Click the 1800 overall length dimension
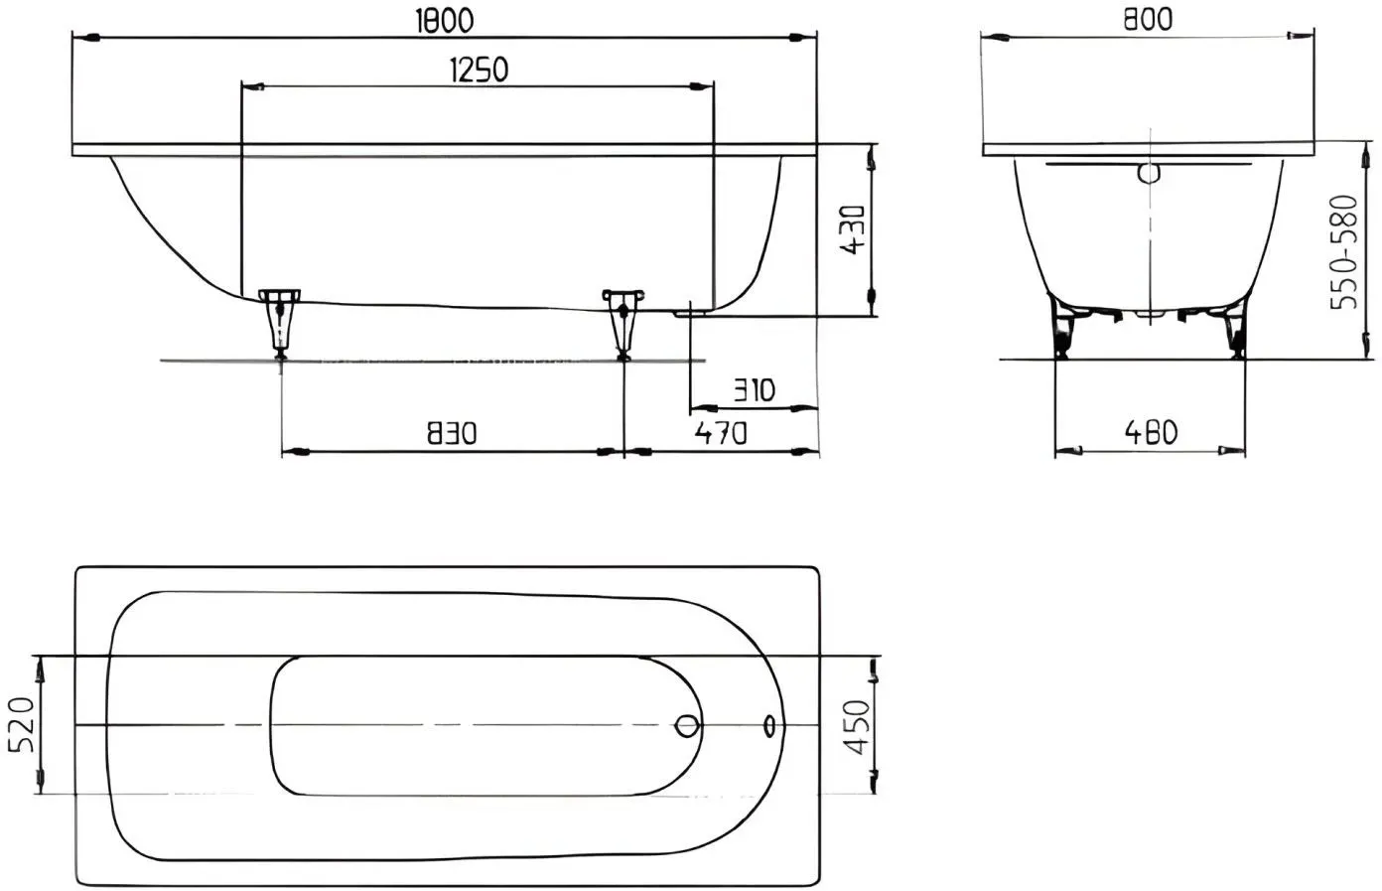point(445,21)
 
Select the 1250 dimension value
point(480,70)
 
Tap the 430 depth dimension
point(854,229)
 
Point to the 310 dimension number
point(754,390)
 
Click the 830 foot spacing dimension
point(453,433)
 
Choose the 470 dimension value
point(721,433)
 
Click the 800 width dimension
point(1148,20)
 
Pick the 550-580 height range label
point(1343,252)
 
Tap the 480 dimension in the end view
point(1151,432)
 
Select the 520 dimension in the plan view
point(22,724)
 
